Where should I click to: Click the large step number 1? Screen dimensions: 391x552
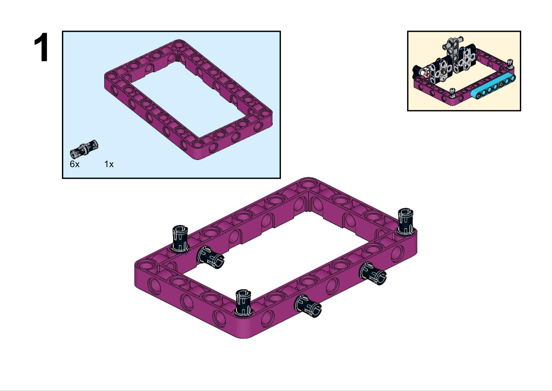point(41,48)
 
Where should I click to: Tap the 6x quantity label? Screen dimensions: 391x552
point(74,164)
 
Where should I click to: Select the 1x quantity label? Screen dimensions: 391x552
point(109,164)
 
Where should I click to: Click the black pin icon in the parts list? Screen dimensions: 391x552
point(84,149)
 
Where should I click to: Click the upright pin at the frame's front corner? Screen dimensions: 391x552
point(243,302)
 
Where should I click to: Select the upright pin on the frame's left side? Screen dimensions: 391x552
point(180,239)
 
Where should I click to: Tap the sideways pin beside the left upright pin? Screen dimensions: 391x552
point(210,257)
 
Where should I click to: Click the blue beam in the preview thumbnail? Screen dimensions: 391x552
point(493,86)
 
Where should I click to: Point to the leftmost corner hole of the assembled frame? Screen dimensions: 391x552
point(143,264)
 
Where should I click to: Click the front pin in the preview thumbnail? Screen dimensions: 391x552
point(453,93)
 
